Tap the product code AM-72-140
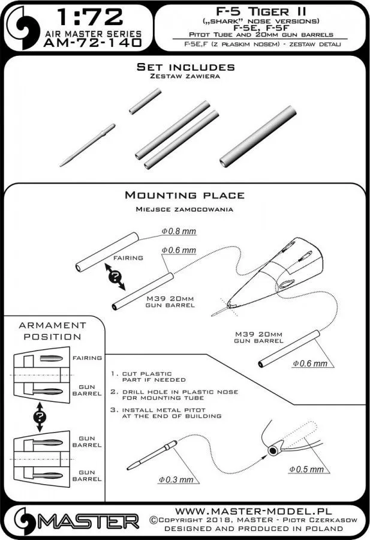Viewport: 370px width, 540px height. pyautogui.click(x=93, y=43)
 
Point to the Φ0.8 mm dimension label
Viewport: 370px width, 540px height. pyautogui.click(x=179, y=232)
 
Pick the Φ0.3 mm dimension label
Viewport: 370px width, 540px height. pyautogui.click(x=176, y=480)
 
